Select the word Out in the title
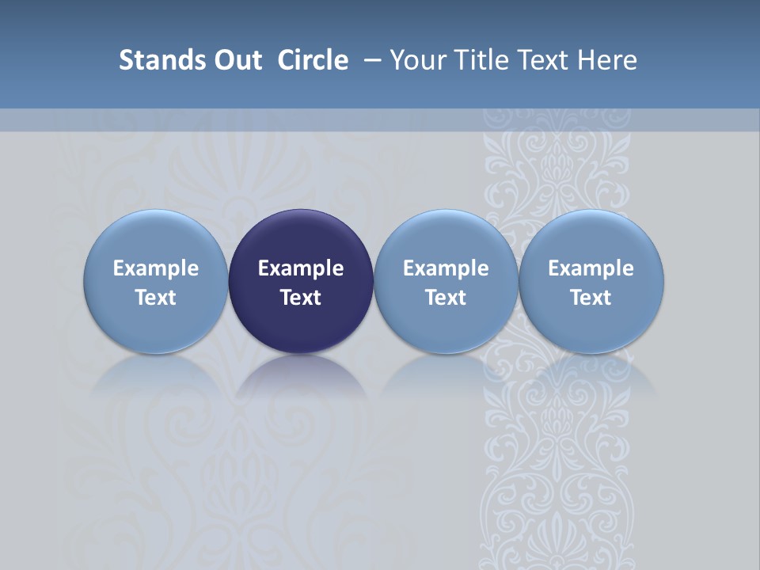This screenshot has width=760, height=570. (x=235, y=60)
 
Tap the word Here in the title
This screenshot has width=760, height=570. (x=607, y=60)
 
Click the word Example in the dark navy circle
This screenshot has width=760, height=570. (x=301, y=268)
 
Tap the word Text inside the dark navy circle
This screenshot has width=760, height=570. (x=301, y=298)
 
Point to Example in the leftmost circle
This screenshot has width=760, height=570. (x=155, y=268)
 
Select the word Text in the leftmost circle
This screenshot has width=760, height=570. (x=155, y=298)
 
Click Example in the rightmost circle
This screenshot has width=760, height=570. (x=591, y=268)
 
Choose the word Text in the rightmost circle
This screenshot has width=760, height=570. (x=591, y=298)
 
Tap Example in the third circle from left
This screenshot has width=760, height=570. (x=446, y=268)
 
